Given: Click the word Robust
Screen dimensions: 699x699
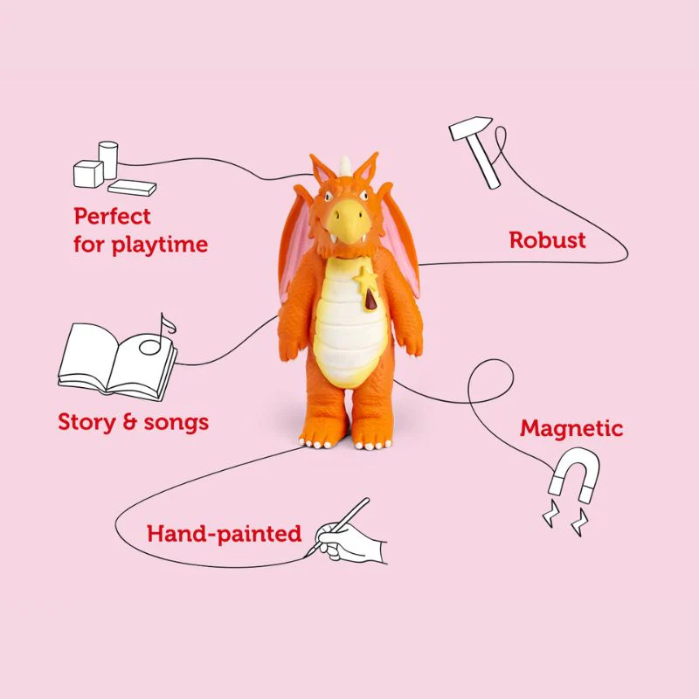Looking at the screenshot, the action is pos(547,239).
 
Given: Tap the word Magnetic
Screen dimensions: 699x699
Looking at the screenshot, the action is pos(571,429).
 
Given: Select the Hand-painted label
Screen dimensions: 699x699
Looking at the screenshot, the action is pos(224,534).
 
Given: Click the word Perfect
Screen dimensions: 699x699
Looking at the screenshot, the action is pos(112,216).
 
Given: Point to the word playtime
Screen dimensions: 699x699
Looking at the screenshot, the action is pos(159,245).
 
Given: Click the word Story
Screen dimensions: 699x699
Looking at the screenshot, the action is pos(87,422).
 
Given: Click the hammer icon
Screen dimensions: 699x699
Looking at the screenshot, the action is pos(475,150).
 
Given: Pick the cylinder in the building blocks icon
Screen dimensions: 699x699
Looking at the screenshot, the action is pos(108,160).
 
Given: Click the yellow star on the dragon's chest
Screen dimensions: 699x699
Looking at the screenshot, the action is pos(365,279).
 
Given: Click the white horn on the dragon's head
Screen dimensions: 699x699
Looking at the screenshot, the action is pos(345,165).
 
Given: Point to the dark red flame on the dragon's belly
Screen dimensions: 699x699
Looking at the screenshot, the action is pos(370,299).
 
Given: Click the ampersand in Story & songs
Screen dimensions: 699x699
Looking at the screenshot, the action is pos(129,422).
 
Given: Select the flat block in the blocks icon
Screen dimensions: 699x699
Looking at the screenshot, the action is pos(132,188).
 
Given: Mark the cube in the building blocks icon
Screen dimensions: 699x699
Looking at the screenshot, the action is pos(88,174).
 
